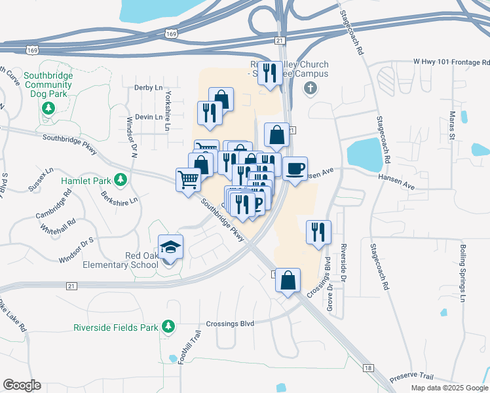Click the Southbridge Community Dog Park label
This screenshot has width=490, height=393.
(48, 84)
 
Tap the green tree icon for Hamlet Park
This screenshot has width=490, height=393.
(120, 179)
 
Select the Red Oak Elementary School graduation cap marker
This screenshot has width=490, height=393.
(170, 248)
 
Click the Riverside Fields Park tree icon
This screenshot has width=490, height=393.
(168, 326)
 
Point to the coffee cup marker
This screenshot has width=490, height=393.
(295, 169)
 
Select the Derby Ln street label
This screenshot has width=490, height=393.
(147, 87)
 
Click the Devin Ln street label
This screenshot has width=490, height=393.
(147, 117)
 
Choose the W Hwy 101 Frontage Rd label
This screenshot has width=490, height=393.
(451, 61)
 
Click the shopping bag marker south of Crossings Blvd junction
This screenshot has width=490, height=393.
(288, 281)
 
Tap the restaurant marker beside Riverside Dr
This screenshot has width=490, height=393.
(318, 233)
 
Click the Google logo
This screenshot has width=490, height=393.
(22, 385)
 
